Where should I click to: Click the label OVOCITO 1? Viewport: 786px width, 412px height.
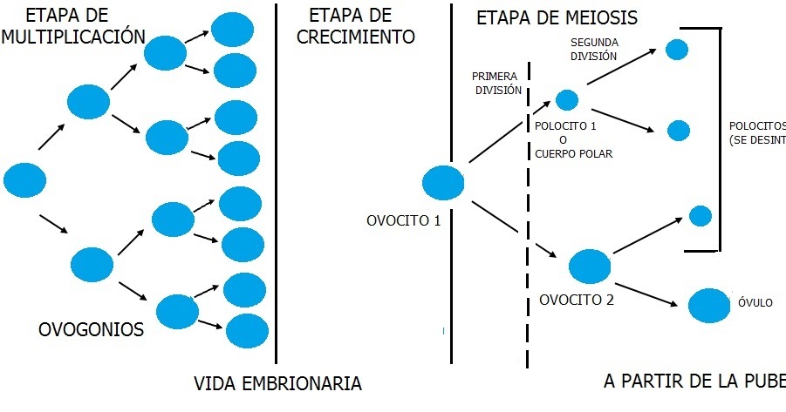tap(404, 220)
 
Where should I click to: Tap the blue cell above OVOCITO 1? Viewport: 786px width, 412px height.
tap(444, 184)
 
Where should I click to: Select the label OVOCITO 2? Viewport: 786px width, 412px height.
tap(577, 301)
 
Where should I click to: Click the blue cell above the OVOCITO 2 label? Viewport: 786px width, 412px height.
tap(591, 265)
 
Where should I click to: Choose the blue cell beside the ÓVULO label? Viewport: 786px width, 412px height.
tap(708, 305)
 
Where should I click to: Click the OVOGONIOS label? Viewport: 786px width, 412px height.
tap(91, 330)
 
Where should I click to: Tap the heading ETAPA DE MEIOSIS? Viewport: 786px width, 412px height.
tap(557, 17)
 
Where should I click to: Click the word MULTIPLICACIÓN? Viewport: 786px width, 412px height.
tap(72, 37)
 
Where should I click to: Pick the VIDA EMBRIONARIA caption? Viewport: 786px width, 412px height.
tap(277, 383)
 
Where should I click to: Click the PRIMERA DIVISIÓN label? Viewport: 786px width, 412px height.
tap(496, 83)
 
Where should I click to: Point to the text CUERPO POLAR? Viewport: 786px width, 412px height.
tap(574, 154)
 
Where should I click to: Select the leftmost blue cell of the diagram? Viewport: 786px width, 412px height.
tap(24, 179)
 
